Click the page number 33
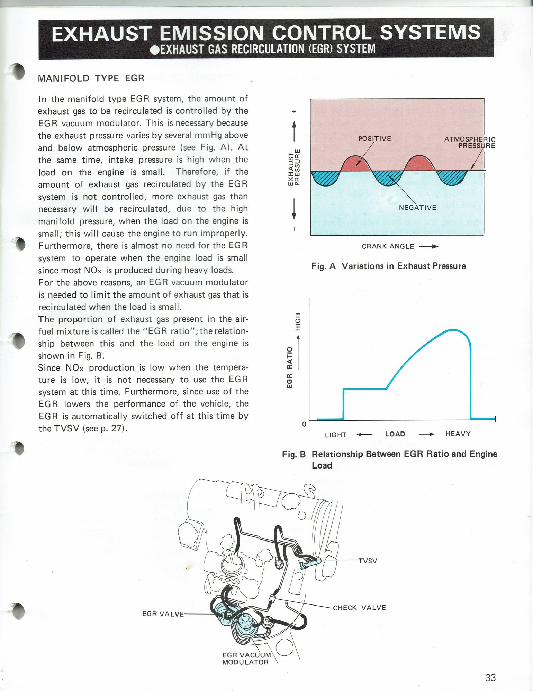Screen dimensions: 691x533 [x=490, y=678]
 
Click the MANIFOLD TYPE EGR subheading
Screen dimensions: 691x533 [x=91, y=78]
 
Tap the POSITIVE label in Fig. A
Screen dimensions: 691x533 [x=374, y=139]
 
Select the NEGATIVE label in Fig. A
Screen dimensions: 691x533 [x=417, y=208]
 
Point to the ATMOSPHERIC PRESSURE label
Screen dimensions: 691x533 [x=470, y=142]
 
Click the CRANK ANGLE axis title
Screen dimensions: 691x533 [x=388, y=246]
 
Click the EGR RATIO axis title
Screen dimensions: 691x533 [x=290, y=367]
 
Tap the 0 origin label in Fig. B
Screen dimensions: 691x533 [x=304, y=424]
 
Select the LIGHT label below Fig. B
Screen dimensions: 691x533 [x=335, y=435]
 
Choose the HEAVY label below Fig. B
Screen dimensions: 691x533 [x=458, y=434]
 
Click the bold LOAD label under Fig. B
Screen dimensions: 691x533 [x=395, y=434]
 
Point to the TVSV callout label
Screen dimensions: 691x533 [x=368, y=561]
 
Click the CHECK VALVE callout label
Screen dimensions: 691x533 [x=359, y=608]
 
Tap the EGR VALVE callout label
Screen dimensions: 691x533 [x=163, y=614]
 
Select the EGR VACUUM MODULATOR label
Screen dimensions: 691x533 [x=246, y=658]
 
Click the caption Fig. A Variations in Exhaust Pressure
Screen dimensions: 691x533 [x=388, y=266]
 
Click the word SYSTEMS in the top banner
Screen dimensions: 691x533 [x=430, y=33]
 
